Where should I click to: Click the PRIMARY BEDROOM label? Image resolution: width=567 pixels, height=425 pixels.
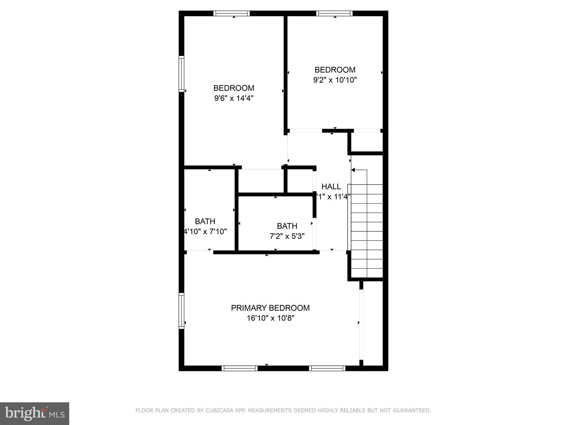(x=270, y=308)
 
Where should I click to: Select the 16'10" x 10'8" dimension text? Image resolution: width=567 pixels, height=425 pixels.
(x=270, y=318)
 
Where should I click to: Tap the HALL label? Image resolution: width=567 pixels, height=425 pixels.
(x=331, y=186)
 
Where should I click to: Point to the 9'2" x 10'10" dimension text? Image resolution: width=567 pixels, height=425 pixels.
(x=335, y=80)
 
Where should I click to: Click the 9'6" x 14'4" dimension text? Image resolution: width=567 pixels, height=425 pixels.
(x=234, y=98)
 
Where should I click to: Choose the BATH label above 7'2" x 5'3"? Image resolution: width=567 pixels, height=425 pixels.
(x=287, y=226)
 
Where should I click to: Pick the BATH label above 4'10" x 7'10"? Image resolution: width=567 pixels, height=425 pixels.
(x=205, y=221)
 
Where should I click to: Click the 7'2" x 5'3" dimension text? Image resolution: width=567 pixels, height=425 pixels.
(x=287, y=236)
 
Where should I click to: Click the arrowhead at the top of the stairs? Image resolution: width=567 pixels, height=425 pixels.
(x=353, y=170)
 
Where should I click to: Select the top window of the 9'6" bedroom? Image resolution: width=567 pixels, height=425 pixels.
(x=231, y=13)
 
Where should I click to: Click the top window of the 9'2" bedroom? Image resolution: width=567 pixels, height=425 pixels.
(x=334, y=13)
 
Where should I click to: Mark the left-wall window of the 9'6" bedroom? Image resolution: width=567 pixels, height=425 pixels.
(x=181, y=74)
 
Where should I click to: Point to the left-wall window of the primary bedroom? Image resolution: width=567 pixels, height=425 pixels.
(x=181, y=311)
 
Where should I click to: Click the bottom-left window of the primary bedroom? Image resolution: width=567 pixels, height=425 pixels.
(x=239, y=368)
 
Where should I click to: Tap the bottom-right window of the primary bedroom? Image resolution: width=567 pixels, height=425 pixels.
(x=327, y=368)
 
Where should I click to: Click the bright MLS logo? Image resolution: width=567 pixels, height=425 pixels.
(x=35, y=413)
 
